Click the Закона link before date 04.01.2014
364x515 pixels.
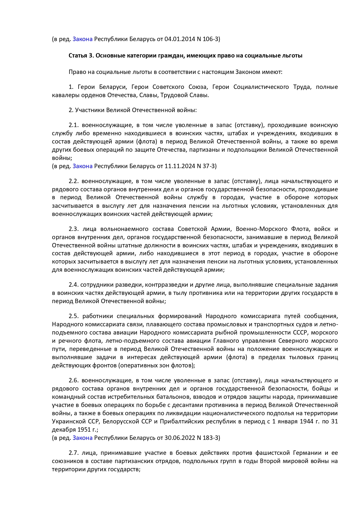pos(82,39)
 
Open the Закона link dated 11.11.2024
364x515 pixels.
pos(82,166)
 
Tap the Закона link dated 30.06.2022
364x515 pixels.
pos(82,438)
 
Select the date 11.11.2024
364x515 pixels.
pos(180,166)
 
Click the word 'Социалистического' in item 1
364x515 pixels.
pos(261,87)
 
